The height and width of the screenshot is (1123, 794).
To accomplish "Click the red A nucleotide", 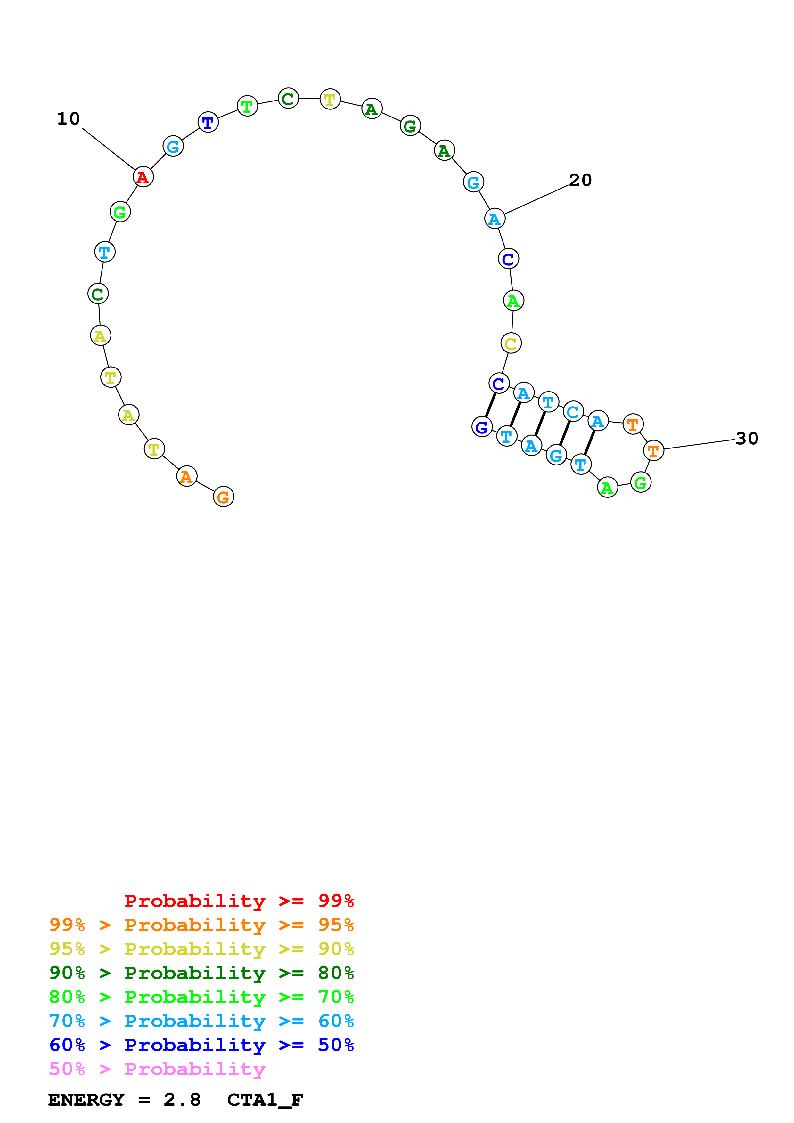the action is pyautogui.click(x=143, y=177).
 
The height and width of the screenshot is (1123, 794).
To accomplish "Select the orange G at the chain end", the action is pyautogui.click(x=224, y=497).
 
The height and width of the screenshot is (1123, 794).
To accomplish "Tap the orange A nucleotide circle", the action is pyautogui.click(x=186, y=476).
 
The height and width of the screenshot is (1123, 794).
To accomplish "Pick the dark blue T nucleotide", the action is pyautogui.click(x=208, y=122).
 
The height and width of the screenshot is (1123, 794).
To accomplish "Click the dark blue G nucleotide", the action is pyautogui.click(x=482, y=427).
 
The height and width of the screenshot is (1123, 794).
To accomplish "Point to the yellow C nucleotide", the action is pyautogui.click(x=511, y=343).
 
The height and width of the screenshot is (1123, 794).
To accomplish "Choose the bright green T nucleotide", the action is pyautogui.click(x=247, y=106).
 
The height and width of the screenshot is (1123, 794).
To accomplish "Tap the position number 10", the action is pyautogui.click(x=68, y=119).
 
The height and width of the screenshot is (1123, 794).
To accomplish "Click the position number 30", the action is pyautogui.click(x=747, y=439).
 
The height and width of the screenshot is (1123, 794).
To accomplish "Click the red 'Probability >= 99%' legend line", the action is pyautogui.click(x=239, y=901).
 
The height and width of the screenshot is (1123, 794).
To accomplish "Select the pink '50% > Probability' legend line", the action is pyautogui.click(x=157, y=1069).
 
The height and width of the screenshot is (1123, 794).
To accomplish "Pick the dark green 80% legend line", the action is pyautogui.click(x=201, y=973).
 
